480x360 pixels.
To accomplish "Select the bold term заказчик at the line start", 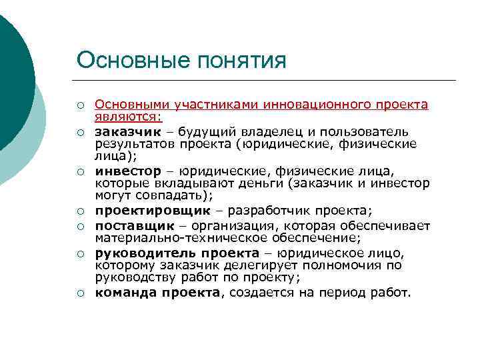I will pos(123,131).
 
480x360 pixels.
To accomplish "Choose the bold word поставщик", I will pos(127,225).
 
